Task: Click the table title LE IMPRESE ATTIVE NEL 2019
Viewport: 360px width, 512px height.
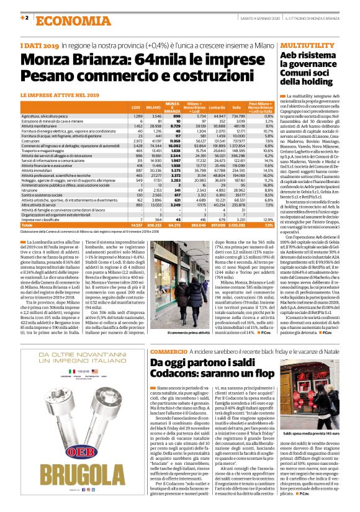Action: (x=60, y=95)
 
